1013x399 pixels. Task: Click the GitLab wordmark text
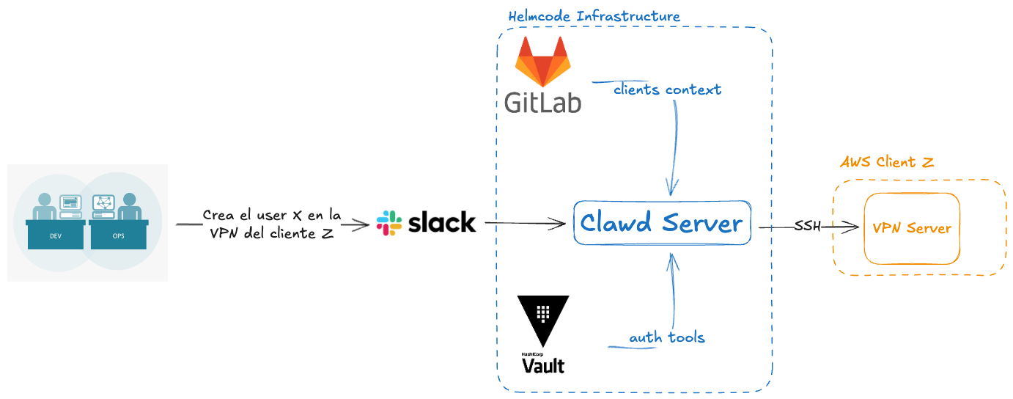pyautogui.click(x=543, y=100)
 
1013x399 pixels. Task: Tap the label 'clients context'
pyautogui.click(x=667, y=89)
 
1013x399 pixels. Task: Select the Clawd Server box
pyautogui.click(x=662, y=223)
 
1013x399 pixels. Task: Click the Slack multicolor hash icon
pyautogui.click(x=388, y=223)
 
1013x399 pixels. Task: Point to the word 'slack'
pyautogui.click(x=442, y=223)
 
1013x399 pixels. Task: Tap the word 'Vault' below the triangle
pyautogui.click(x=543, y=365)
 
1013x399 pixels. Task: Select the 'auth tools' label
pyautogui.click(x=667, y=337)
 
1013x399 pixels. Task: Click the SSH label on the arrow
pyautogui.click(x=807, y=227)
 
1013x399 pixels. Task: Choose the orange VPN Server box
pyautogui.click(x=912, y=228)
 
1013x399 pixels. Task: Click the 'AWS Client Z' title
pyautogui.click(x=887, y=162)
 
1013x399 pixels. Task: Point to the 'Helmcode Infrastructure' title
pyautogui.click(x=594, y=16)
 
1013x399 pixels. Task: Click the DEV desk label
pyautogui.click(x=56, y=236)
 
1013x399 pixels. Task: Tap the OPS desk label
pyautogui.click(x=118, y=236)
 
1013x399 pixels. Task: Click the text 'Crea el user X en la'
pyautogui.click(x=271, y=216)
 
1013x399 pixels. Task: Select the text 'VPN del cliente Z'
pyautogui.click(x=271, y=234)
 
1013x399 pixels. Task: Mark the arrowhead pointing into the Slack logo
pyautogui.click(x=364, y=226)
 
